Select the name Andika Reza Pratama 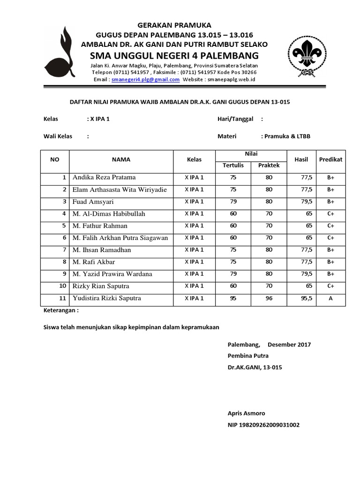tap(104, 177)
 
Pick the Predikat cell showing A tap(330, 298)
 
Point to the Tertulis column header tap(233, 165)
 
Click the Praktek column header tap(269, 165)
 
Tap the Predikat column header tap(330, 159)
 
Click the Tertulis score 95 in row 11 tap(233, 298)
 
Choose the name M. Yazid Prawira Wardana tap(112, 274)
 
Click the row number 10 tap(62, 286)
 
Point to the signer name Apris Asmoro tap(246, 413)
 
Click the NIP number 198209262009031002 tap(263, 425)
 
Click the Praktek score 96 tap(269, 298)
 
